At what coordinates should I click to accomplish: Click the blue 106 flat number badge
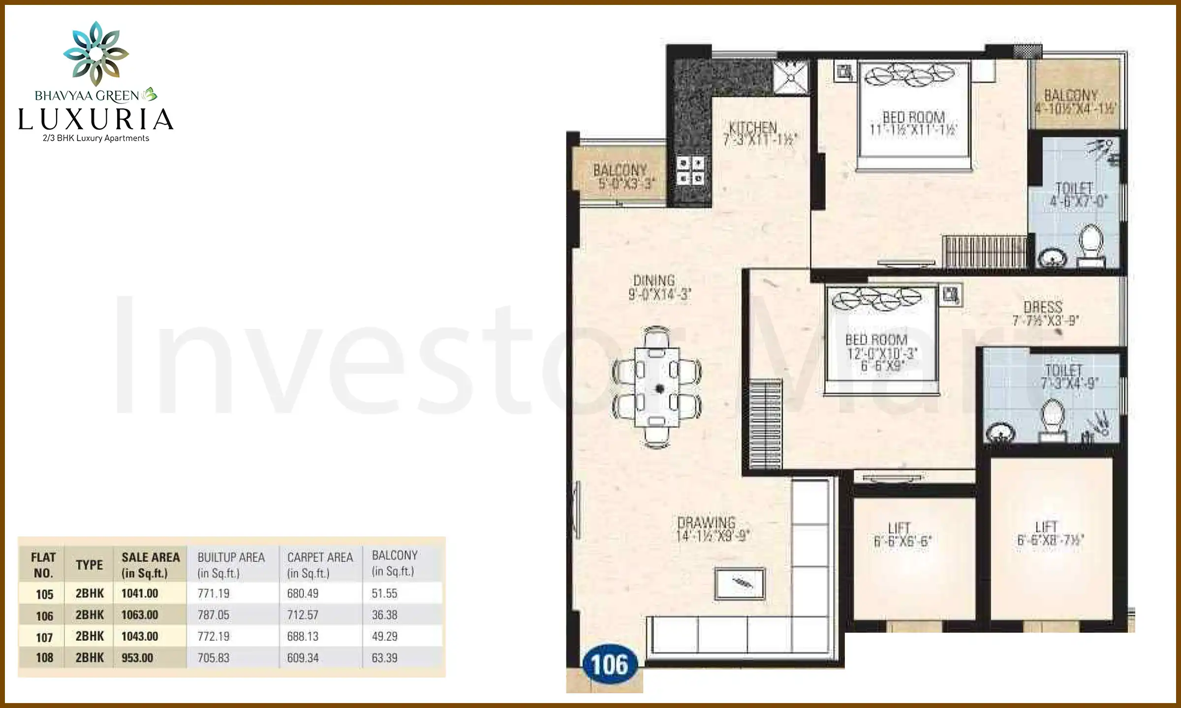pyautogui.click(x=610, y=665)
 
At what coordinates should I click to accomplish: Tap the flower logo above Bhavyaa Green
pyautogui.click(x=96, y=53)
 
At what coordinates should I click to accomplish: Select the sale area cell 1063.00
pyautogui.click(x=140, y=615)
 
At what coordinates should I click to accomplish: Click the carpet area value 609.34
pyautogui.click(x=303, y=658)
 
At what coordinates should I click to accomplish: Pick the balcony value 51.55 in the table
pyautogui.click(x=384, y=593)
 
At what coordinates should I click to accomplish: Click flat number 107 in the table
pyautogui.click(x=44, y=637)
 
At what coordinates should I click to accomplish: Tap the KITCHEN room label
pyautogui.click(x=753, y=127)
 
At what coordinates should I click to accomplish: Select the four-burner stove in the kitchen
pyautogui.click(x=690, y=170)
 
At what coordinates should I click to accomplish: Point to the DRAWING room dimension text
pyautogui.click(x=713, y=536)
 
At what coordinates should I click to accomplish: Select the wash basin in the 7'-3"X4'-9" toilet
pyautogui.click(x=999, y=433)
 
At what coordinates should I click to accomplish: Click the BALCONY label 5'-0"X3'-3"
pyautogui.click(x=621, y=177)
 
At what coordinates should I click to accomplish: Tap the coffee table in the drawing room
pyautogui.click(x=740, y=584)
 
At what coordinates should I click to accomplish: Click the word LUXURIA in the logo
pyautogui.click(x=96, y=119)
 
